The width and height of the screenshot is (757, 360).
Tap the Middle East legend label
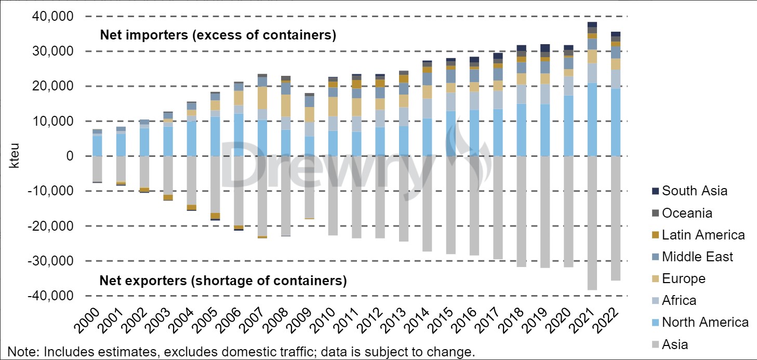coord(697,257)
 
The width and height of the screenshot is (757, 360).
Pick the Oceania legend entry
coord(687,213)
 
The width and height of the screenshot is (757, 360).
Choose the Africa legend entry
coord(679,300)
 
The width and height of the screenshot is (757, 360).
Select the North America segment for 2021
coord(591,119)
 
